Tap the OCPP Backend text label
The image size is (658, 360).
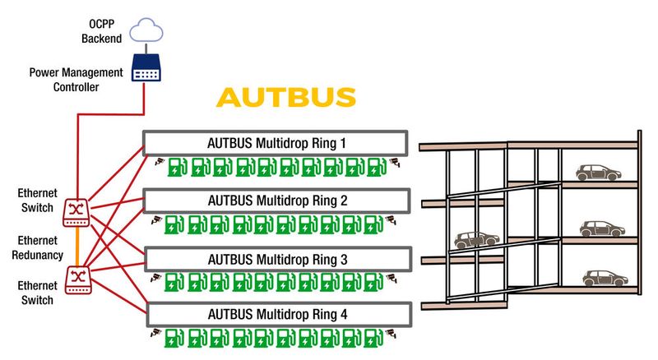pyautogui.click(x=101, y=31)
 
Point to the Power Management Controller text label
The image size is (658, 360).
pyautogui.click(x=76, y=81)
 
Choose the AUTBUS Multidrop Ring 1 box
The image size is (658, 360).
pyautogui.click(x=276, y=142)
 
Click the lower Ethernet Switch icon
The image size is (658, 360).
pyautogui.click(x=76, y=275)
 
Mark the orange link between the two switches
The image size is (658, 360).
pyautogui.click(x=76, y=246)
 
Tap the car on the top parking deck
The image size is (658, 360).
pyautogui.click(x=597, y=173)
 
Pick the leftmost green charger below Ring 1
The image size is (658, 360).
pyautogui.click(x=176, y=168)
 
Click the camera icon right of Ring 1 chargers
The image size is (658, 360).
pyautogui.click(x=394, y=160)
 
